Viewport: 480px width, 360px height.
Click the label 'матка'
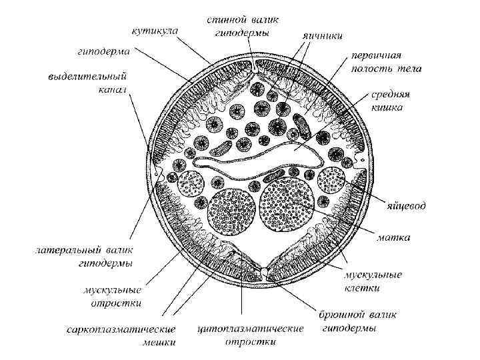(x=393, y=237)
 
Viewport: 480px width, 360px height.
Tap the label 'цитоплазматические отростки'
(x=251, y=335)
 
